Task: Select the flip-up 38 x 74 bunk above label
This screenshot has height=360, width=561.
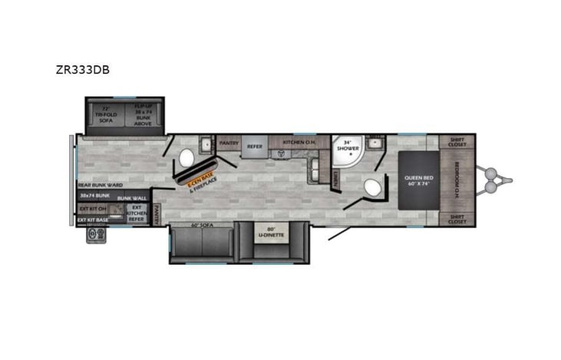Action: coord(146,114)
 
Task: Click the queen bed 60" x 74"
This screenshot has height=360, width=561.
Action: coord(419,181)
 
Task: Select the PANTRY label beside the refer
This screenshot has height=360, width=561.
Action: coord(229,142)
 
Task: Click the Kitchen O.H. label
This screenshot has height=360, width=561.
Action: coord(299,142)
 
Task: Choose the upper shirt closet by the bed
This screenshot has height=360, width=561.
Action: coord(459,142)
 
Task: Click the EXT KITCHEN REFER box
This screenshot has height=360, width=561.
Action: coord(136,213)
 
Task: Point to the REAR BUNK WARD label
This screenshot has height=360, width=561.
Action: coord(101,185)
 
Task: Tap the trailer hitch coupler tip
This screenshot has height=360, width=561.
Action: coord(509,181)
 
